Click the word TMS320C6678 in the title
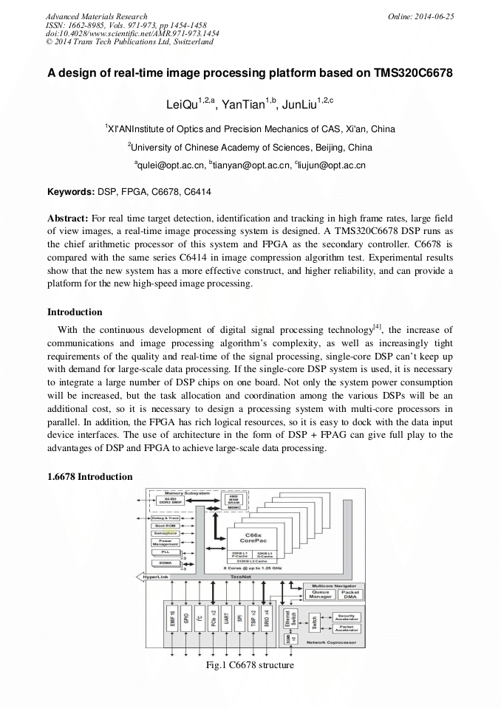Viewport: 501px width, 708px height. pyautogui.click(x=413, y=74)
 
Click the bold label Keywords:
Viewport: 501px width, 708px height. pyautogui.click(x=71, y=192)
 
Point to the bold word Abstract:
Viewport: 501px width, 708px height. pyautogui.click(x=68, y=219)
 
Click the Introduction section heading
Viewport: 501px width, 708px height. pyautogui.click(x=75, y=312)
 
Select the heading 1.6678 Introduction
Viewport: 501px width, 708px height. pyautogui.click(x=89, y=477)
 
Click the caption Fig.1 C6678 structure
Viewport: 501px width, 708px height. pyautogui.click(x=250, y=665)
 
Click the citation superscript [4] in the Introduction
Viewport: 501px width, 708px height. pyautogui.click(x=377, y=326)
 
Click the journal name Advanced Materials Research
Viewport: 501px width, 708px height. pyautogui.click(x=96, y=16)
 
